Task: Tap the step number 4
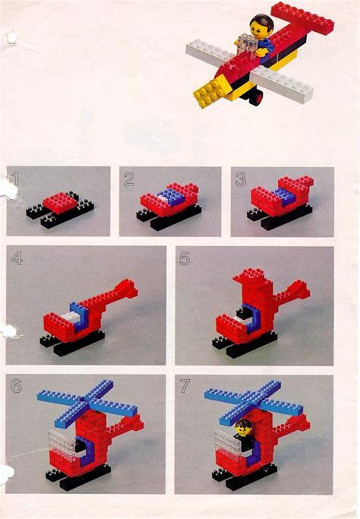[x=17, y=260]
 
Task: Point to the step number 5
[x=185, y=260]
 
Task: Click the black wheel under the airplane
[x=258, y=98]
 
